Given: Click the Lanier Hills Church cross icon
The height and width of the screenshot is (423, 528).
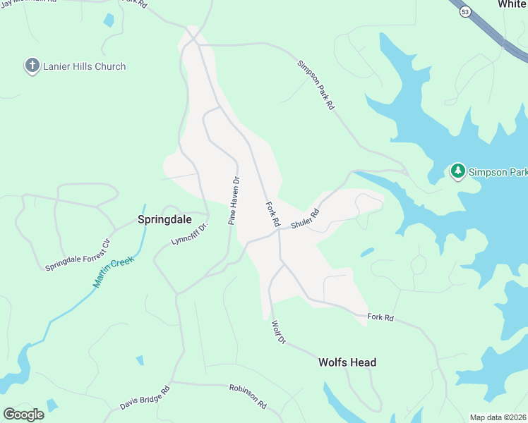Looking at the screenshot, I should point(32,66).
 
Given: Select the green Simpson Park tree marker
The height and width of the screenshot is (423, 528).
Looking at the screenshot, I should point(458,171).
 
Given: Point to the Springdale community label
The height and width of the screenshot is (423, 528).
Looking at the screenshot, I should point(164,219).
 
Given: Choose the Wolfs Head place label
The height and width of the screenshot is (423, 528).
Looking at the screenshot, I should point(347,362).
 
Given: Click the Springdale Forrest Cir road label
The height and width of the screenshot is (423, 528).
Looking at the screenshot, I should point(78,256).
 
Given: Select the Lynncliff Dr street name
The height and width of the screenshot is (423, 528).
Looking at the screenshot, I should point(190,233).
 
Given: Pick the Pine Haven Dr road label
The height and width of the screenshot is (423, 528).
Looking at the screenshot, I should point(234,201).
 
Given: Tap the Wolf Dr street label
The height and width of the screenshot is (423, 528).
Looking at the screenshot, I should point(277,332).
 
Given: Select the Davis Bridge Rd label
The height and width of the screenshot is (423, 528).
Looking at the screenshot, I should point(145,398).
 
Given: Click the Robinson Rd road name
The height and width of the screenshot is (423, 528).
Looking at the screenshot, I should point(247,396).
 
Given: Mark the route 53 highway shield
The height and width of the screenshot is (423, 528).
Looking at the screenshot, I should point(464,11).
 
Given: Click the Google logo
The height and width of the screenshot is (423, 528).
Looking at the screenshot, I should point(23,414).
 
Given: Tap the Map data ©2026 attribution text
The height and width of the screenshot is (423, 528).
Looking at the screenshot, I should point(498,417).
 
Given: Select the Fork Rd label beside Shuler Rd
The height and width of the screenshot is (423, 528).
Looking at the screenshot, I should point(272,214).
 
